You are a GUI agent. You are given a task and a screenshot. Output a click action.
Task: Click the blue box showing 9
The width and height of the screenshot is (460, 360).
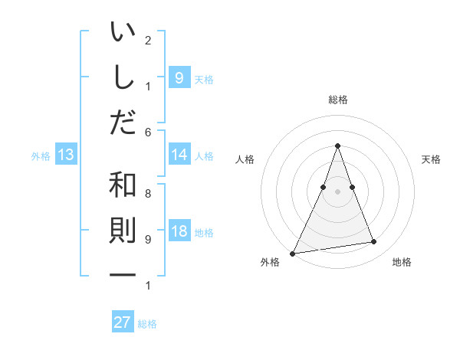click(x=179, y=77)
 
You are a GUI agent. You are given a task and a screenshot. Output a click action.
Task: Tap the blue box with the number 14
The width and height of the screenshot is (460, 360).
click(x=179, y=155)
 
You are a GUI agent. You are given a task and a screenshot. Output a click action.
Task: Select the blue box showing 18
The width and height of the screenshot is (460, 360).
click(x=179, y=232)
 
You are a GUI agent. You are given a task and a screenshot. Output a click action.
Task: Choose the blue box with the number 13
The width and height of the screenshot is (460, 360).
click(x=65, y=155)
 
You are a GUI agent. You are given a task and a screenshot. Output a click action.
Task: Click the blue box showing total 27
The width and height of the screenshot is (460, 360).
click(x=123, y=322)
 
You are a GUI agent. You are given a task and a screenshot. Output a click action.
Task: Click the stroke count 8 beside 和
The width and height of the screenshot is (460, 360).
click(x=148, y=194)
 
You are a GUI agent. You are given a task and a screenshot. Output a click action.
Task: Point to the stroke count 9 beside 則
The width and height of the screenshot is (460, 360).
click(x=148, y=239)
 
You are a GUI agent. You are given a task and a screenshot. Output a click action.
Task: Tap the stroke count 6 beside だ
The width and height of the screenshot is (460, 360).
click(x=148, y=132)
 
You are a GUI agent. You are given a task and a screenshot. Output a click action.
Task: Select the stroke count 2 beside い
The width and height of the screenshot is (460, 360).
click(x=148, y=40)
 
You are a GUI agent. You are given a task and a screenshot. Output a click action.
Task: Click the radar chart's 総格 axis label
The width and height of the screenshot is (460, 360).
click(x=337, y=100)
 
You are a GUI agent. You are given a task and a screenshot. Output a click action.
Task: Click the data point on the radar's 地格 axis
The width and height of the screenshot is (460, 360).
click(x=374, y=242)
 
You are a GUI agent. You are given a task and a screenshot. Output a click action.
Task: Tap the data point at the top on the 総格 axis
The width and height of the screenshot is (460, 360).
click(x=337, y=146)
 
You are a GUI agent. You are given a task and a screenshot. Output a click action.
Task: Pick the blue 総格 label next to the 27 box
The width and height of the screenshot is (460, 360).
click(x=147, y=324)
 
